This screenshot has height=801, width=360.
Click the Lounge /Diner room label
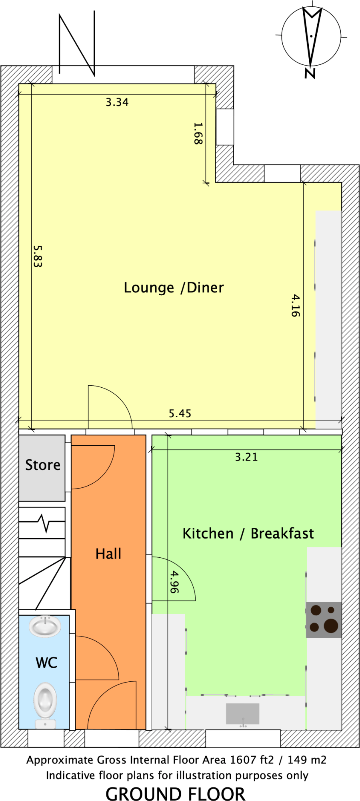(x=174, y=288)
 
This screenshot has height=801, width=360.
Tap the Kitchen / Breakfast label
(x=248, y=533)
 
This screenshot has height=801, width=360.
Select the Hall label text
(x=108, y=554)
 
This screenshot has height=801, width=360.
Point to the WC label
(x=46, y=663)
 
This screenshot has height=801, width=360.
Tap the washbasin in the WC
(x=45, y=626)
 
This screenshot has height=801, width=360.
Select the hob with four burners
(x=324, y=620)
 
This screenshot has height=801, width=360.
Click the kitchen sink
(x=242, y=714)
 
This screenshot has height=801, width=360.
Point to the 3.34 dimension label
(x=117, y=102)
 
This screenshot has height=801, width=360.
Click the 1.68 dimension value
(x=198, y=133)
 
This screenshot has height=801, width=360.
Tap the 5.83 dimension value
(x=37, y=256)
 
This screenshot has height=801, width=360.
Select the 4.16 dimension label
(x=295, y=306)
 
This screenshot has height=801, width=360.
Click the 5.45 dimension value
(x=180, y=413)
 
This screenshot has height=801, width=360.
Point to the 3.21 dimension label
(x=246, y=457)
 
